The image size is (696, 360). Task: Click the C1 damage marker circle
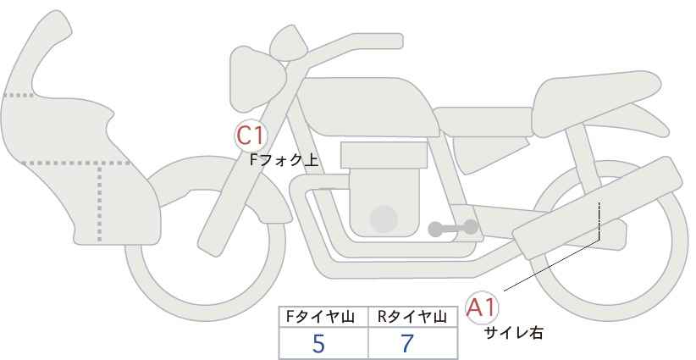[251, 136]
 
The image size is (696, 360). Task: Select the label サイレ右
[512, 333]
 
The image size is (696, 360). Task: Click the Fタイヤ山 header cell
[323, 317]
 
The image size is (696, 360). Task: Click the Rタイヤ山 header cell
[413, 317]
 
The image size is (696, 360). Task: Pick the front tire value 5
[318, 343]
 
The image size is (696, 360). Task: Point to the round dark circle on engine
[384, 219]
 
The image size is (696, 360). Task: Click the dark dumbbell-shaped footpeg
[453, 228]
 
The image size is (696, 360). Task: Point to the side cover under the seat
[483, 152]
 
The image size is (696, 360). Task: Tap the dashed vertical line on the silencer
[599, 220]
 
